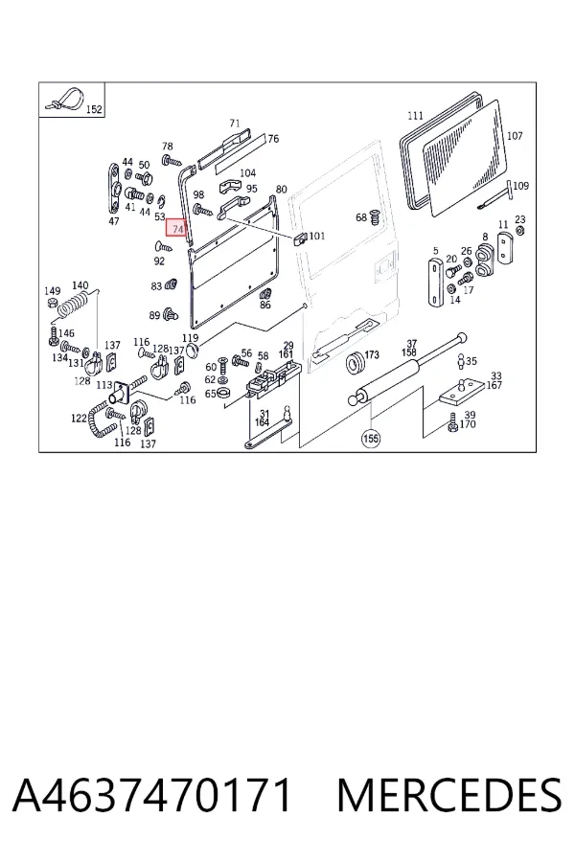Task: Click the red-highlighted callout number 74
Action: point(177,228)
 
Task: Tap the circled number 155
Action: point(371,438)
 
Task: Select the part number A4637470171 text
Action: point(151,795)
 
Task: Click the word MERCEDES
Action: point(449,795)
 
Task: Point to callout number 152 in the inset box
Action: point(94,109)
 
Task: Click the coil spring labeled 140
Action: point(73,306)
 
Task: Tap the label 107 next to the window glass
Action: point(515,135)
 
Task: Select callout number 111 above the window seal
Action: point(415,116)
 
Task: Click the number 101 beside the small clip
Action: point(317,236)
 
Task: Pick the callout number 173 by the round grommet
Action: point(372,354)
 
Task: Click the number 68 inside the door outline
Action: point(361,217)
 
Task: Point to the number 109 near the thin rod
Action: point(520,185)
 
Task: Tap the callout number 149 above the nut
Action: point(53,291)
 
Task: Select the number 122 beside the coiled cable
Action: point(79,419)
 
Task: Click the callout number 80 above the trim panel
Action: point(281,189)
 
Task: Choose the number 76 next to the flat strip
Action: point(273,139)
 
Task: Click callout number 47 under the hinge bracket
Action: point(113,221)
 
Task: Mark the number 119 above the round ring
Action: point(190,338)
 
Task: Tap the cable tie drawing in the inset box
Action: point(65,98)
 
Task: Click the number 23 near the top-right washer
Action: point(520,219)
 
